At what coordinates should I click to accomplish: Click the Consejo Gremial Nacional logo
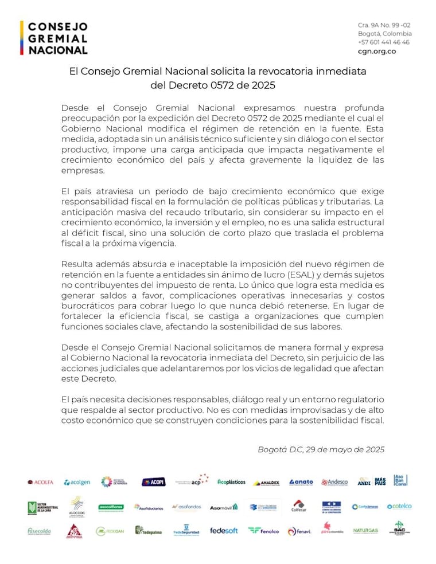(54, 38)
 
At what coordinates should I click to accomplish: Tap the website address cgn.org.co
(376, 51)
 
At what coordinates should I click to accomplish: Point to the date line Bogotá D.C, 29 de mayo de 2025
(321, 449)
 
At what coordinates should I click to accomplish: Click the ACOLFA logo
(40, 482)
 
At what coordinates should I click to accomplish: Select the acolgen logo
(77, 482)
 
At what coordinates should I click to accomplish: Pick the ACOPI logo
(153, 482)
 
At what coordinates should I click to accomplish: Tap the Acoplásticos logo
(231, 482)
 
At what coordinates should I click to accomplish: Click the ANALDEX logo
(266, 483)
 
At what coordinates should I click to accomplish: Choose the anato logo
(301, 482)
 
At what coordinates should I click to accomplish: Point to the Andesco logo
(334, 482)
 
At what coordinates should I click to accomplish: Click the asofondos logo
(189, 507)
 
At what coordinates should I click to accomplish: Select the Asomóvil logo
(223, 507)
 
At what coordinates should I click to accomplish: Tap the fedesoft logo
(224, 531)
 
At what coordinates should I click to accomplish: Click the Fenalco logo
(263, 531)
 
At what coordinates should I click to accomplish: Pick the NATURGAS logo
(365, 531)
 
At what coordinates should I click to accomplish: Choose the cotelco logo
(399, 506)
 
